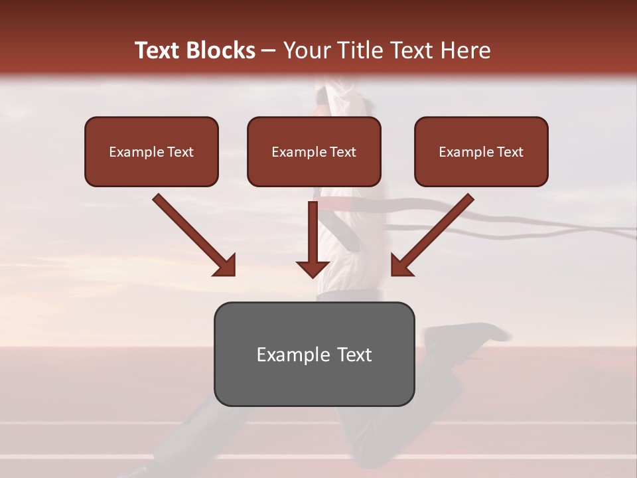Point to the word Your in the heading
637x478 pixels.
[x=307, y=50]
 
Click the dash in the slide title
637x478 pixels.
[x=269, y=51]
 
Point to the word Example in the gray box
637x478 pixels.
[x=284, y=355]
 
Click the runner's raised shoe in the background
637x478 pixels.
[x=464, y=335]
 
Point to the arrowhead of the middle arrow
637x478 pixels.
[x=313, y=269]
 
